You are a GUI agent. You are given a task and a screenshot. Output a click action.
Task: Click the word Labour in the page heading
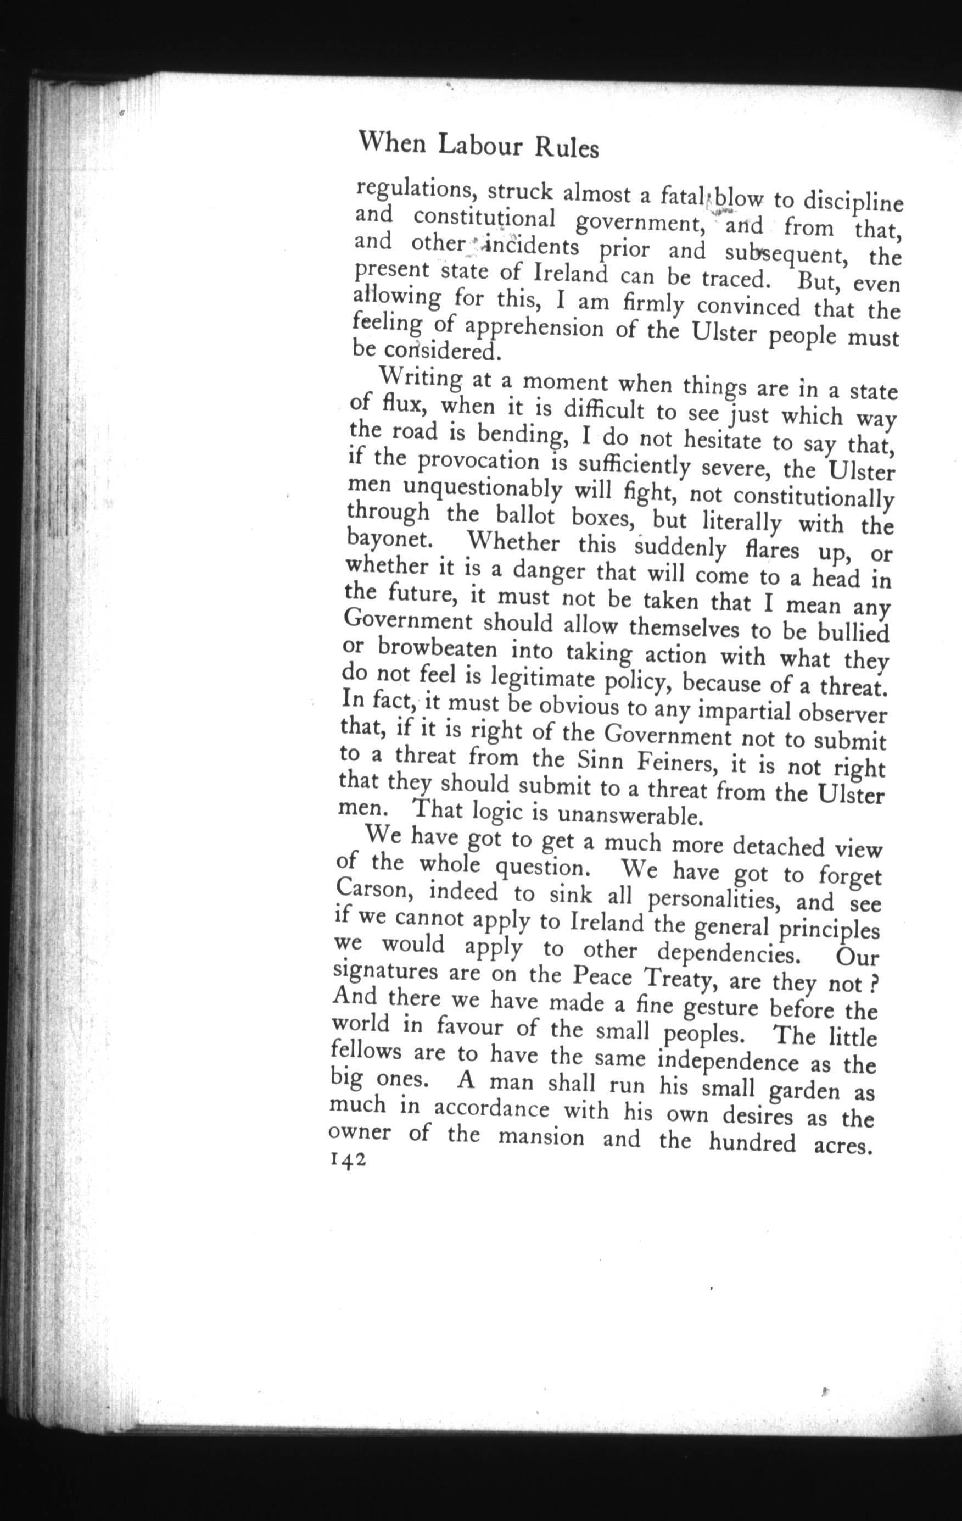tap(480, 145)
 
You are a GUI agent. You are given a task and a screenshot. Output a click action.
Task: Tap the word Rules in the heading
tap(566, 148)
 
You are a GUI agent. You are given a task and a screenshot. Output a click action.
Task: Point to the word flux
tap(404, 402)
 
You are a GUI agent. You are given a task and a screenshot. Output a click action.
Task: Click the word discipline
tap(853, 202)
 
